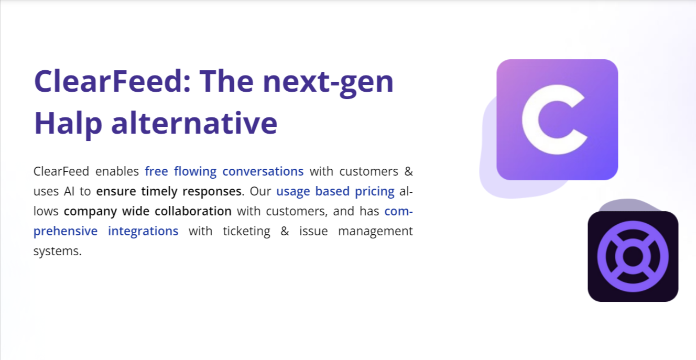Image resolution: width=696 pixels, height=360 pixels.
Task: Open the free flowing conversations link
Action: (224, 171)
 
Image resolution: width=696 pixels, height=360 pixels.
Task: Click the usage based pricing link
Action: (335, 191)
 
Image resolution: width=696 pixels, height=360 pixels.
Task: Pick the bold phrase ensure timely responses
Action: (169, 191)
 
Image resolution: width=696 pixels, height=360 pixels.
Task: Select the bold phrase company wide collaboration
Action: (148, 211)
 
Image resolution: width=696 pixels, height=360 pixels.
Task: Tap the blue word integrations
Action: (143, 231)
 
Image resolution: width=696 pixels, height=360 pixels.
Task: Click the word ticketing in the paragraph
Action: (246, 231)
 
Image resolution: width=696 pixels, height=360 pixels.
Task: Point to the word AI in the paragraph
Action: (70, 191)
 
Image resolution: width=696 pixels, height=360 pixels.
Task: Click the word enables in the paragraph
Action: (117, 171)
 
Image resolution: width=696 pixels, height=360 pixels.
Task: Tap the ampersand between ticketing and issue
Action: (285, 231)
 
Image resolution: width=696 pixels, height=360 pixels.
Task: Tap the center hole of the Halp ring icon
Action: (633, 256)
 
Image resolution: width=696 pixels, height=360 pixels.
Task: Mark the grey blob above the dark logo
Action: (624, 205)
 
